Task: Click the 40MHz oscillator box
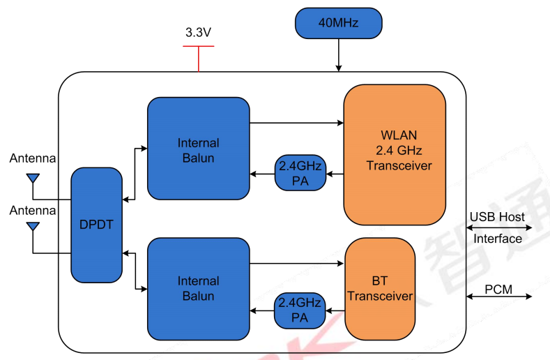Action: [339, 23]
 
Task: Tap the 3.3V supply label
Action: [199, 32]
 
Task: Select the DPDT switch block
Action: [96, 225]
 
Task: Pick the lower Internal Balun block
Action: [198, 288]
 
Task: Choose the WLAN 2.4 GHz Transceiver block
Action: [395, 154]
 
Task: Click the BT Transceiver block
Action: [380, 289]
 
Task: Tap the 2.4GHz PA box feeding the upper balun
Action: [300, 173]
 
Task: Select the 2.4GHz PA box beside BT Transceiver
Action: [300, 310]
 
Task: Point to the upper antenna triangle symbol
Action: [32, 179]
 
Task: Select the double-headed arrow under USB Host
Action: [499, 227]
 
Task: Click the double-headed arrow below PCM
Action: [499, 297]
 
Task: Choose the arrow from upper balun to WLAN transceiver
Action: [296, 123]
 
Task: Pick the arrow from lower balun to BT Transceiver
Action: [297, 264]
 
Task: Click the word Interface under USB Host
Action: [498, 239]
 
